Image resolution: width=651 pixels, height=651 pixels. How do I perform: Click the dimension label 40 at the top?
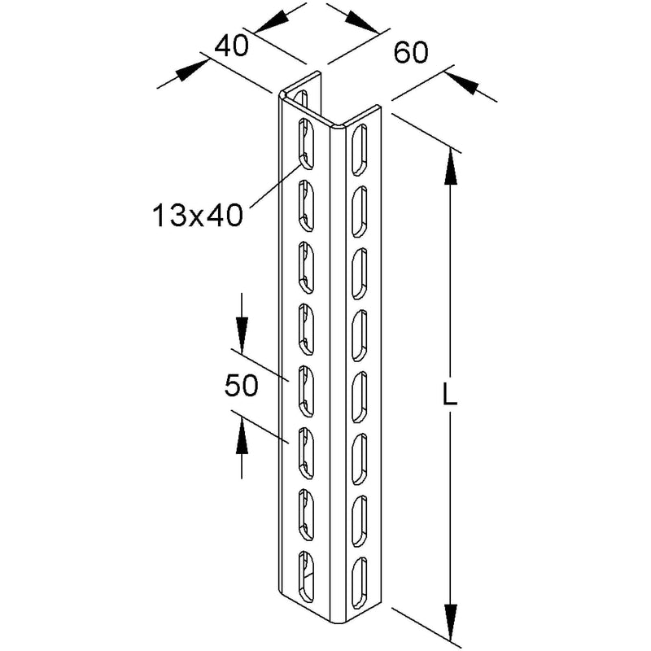click(x=231, y=46)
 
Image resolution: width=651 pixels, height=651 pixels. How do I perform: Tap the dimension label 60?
click(x=411, y=53)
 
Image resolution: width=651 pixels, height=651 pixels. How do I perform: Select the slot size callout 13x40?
click(x=198, y=216)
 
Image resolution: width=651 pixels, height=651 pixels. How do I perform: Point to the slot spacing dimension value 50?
click(x=241, y=385)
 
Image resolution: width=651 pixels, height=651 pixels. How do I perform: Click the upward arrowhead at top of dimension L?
click(x=450, y=166)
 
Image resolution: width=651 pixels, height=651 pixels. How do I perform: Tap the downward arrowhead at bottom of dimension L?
click(x=450, y=622)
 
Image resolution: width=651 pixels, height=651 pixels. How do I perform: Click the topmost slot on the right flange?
click(x=360, y=150)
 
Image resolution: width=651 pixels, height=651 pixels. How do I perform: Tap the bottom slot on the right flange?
click(x=360, y=583)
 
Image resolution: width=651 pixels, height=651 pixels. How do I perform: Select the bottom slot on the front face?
click(x=306, y=577)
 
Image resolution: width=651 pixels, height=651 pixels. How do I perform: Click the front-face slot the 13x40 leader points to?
click(x=306, y=144)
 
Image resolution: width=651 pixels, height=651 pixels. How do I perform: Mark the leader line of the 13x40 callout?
click(x=276, y=186)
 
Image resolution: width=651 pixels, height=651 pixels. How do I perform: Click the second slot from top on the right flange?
click(x=360, y=212)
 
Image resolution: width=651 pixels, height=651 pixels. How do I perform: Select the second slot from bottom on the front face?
click(x=306, y=515)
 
